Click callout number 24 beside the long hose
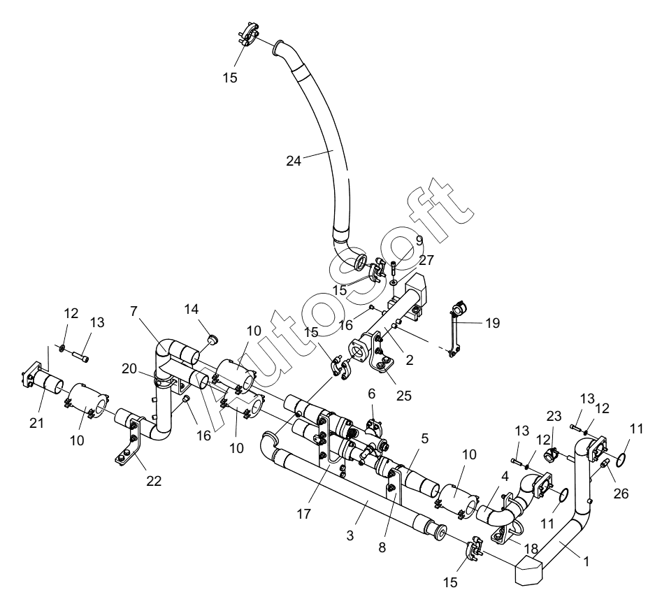coord(294,161)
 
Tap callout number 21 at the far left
coord(37,423)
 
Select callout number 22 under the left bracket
coord(154,480)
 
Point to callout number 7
coord(134,311)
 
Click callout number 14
coord(192,309)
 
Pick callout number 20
coord(129,368)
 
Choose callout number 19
coord(493,323)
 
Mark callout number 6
coord(371,394)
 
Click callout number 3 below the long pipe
coord(350,535)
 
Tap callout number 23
coord(554,417)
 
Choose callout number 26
coord(621,493)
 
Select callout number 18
coord(531,549)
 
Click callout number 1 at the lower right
coord(586,561)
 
